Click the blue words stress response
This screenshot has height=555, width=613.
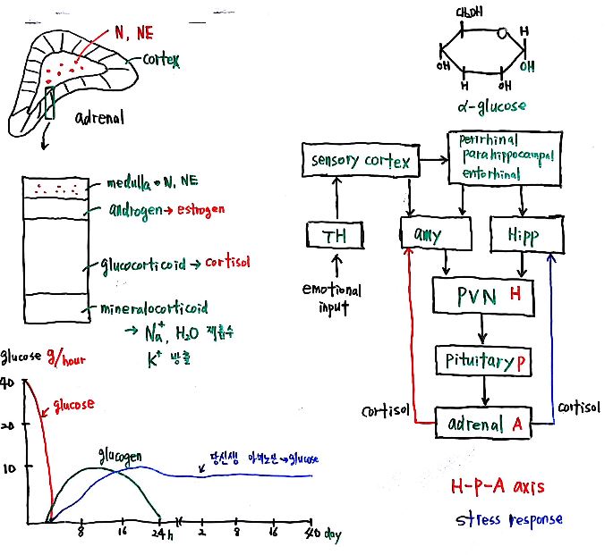click(507, 519)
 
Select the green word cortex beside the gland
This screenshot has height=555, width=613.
click(161, 61)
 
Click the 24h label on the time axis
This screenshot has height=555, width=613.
click(161, 534)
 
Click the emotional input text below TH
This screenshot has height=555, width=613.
click(333, 299)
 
